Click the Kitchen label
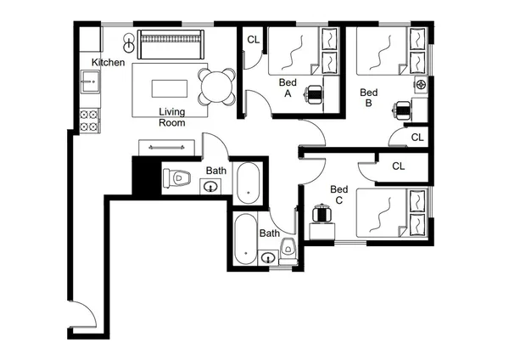click(109, 63)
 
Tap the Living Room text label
click(171, 117)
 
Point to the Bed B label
click(368, 98)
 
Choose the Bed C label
click(338, 194)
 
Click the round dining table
click(216, 86)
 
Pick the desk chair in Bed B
click(402, 109)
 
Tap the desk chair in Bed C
click(321, 212)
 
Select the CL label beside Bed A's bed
click(253, 40)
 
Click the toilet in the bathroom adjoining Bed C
click(288, 248)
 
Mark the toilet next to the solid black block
click(179, 178)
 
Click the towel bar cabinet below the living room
click(165, 147)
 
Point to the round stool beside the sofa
click(128, 40)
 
